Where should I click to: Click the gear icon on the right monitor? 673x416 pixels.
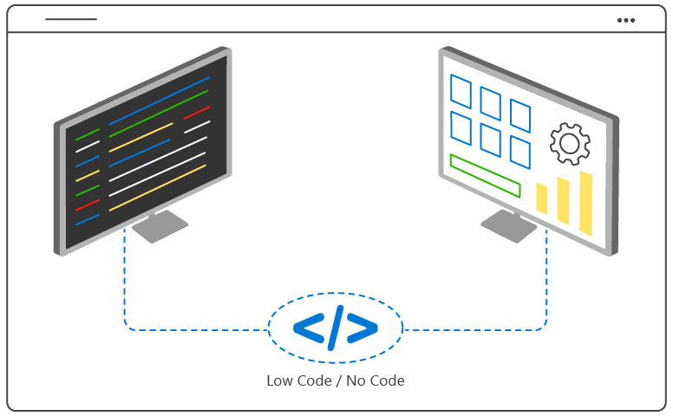pyautogui.click(x=570, y=143)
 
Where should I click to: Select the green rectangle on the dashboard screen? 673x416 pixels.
pyautogui.click(x=485, y=175)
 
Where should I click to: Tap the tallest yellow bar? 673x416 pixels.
pyautogui.click(x=585, y=203)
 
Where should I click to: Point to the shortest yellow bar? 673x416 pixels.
pyautogui.click(x=542, y=198)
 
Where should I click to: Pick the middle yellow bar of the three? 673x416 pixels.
pyautogui.click(x=563, y=200)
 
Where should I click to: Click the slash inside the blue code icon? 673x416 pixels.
pyautogui.click(x=336, y=328)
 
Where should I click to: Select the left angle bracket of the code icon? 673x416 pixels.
pyautogui.click(x=308, y=328)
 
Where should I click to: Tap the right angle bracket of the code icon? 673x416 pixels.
pyautogui.click(x=363, y=328)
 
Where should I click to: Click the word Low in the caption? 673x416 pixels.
pyautogui.click(x=281, y=380)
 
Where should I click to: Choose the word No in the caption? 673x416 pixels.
pyautogui.click(x=356, y=380)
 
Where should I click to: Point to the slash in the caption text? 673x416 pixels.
pyautogui.click(x=337, y=380)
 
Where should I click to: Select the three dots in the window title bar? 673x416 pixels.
pyautogui.click(x=625, y=20)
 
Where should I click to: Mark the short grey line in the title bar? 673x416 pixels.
pyautogui.click(x=71, y=19)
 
